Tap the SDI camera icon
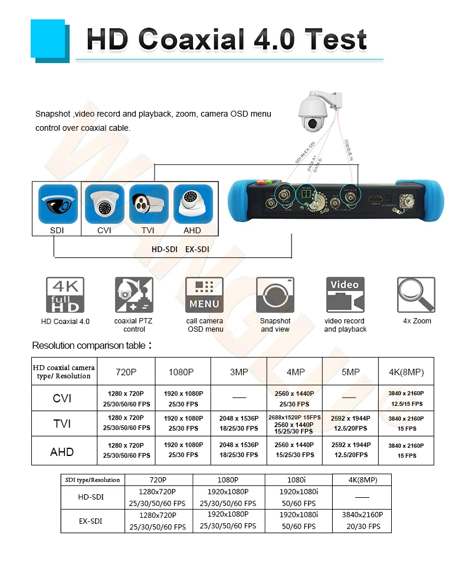57,204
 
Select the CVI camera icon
104,204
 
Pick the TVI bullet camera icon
149,204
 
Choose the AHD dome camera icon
192,204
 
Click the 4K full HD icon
65,295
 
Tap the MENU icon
205,295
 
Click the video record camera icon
345,295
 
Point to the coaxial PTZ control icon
134,295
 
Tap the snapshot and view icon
275,295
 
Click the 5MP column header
350,372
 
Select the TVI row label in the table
62,423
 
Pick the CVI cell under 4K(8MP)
406,398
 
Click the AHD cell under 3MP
238,450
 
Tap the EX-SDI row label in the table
91,521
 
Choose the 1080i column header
298,480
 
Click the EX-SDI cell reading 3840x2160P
362,520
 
